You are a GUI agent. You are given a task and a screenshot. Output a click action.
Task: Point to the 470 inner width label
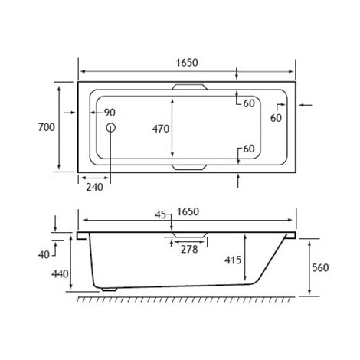tap(160, 129)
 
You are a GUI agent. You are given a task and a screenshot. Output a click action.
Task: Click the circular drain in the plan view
tap(110, 129)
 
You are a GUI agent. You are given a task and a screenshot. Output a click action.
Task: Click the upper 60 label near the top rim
tap(249, 103)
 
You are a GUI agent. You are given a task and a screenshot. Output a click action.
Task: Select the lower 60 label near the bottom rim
tap(249, 149)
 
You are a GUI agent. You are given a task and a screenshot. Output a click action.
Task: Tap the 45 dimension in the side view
tap(161, 215)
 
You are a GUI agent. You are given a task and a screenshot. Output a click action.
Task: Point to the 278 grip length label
tap(188, 249)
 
